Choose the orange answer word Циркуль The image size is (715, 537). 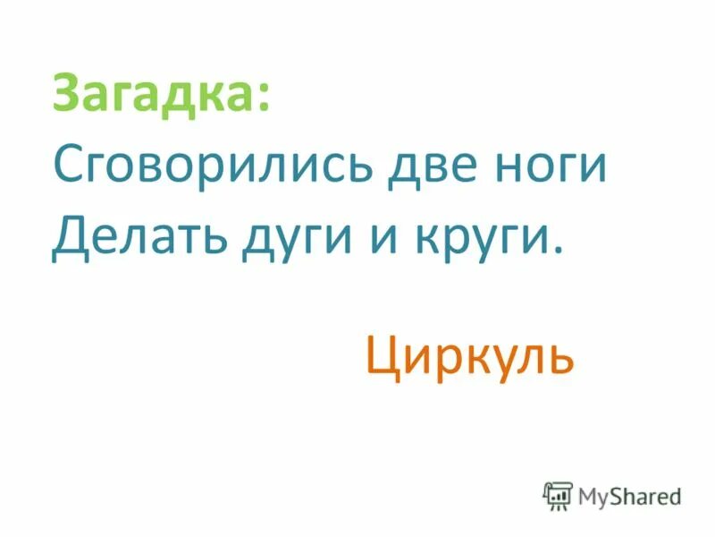[468, 358]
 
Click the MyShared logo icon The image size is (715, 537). [558, 494]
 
